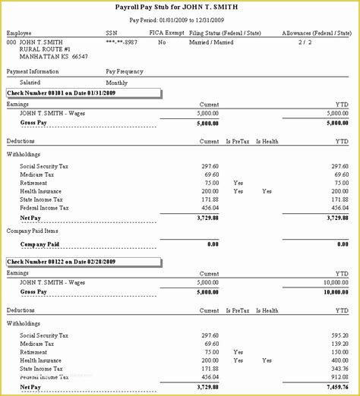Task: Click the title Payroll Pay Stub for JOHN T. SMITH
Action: (180, 7)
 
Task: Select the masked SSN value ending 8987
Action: (122, 42)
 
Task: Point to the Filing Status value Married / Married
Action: (211, 42)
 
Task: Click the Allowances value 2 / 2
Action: (305, 42)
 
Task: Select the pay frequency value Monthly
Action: (117, 82)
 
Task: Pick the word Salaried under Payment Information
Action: (31, 82)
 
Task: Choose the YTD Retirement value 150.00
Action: (339, 352)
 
